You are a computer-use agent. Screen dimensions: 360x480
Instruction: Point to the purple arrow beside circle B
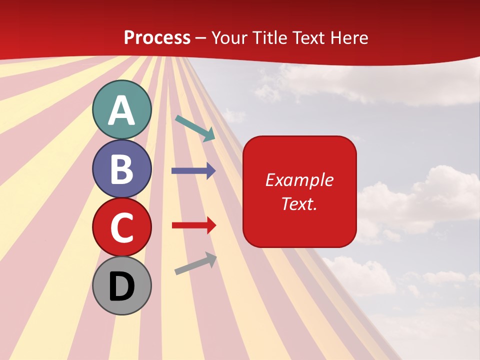pyautogui.click(x=193, y=171)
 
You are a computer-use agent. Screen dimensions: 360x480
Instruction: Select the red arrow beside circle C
pyautogui.click(x=193, y=225)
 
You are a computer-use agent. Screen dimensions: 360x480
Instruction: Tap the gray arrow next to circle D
pyautogui.click(x=195, y=263)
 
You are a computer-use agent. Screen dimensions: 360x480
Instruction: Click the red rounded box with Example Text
pyautogui.click(x=299, y=191)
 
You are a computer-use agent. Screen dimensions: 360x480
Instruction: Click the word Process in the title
pyautogui.click(x=157, y=37)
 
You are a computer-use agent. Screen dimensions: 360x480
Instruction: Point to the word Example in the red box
pyautogui.click(x=299, y=180)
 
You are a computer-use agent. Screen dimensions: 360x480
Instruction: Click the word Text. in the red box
pyautogui.click(x=299, y=203)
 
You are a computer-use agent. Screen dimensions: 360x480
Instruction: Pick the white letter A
pyautogui.click(x=122, y=110)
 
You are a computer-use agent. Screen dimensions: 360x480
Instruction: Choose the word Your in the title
pyautogui.click(x=229, y=37)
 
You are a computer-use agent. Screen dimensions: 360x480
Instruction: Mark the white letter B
pyautogui.click(x=122, y=169)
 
